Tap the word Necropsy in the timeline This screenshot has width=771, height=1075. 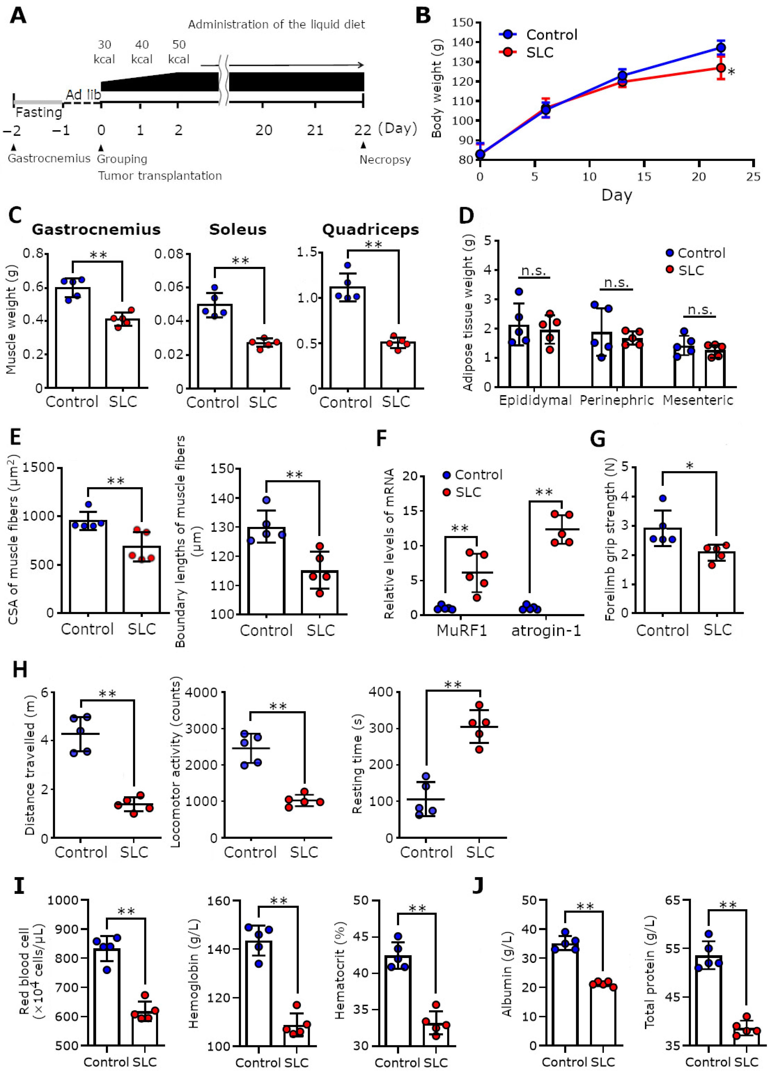point(385,160)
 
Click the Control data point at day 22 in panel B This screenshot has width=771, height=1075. point(720,47)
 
